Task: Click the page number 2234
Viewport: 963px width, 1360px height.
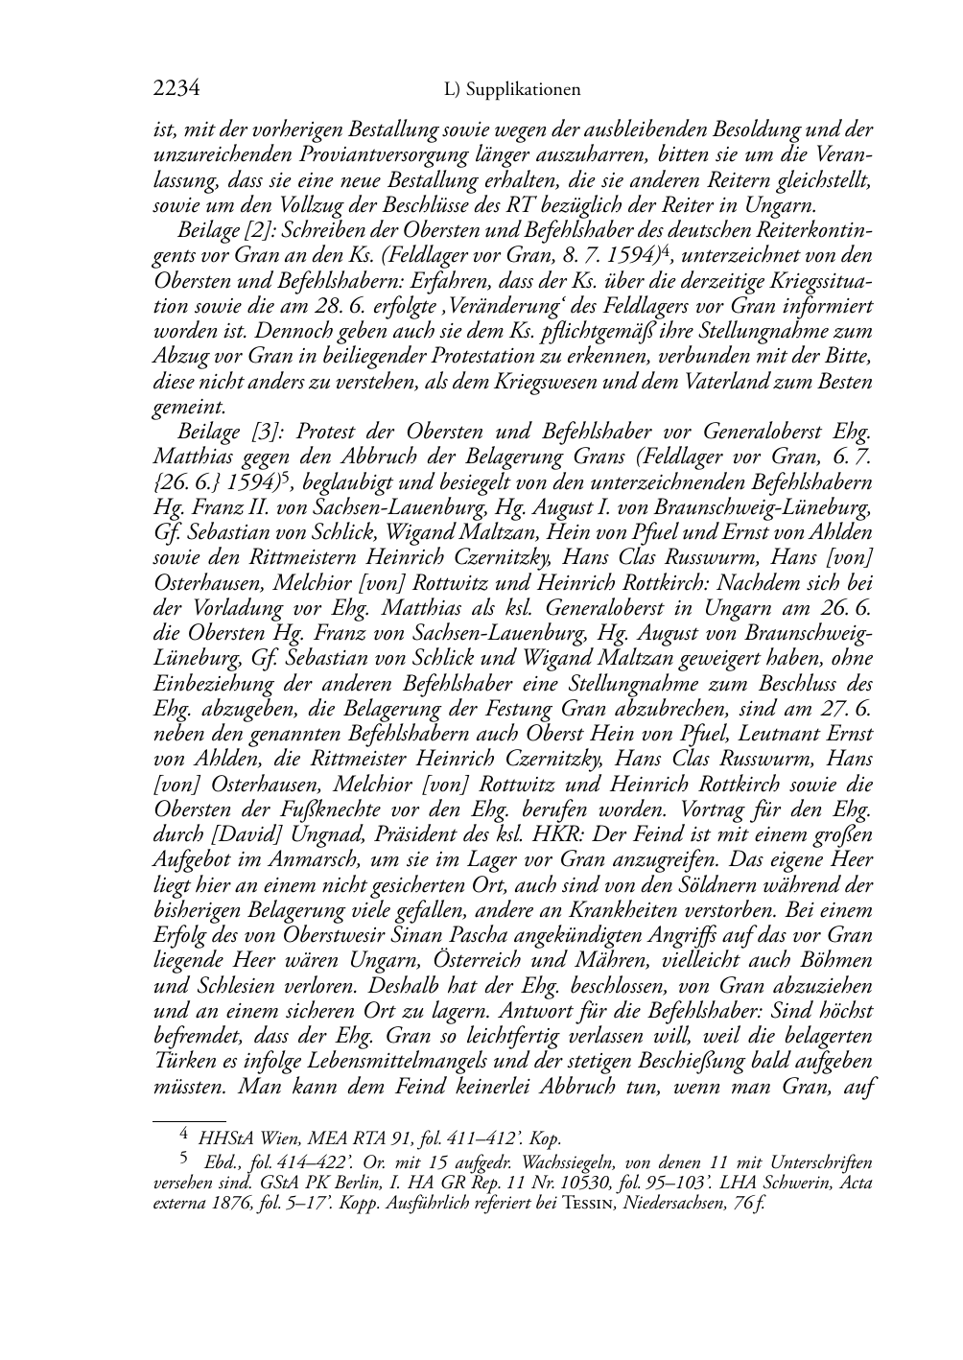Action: pos(176,89)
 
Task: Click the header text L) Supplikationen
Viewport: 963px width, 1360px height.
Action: pos(512,90)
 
